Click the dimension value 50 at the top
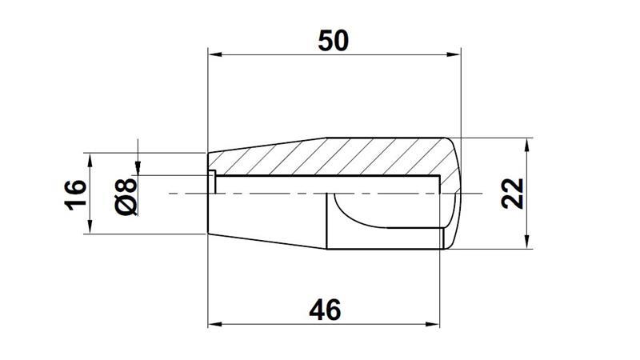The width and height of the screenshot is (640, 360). (x=334, y=40)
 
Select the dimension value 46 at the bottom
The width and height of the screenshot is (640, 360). (x=323, y=310)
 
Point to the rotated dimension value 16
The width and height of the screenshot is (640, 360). (x=74, y=194)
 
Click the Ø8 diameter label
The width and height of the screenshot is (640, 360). (x=127, y=195)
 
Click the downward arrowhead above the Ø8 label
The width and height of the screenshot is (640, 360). (x=138, y=166)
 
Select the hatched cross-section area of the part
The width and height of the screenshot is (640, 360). (x=336, y=157)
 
